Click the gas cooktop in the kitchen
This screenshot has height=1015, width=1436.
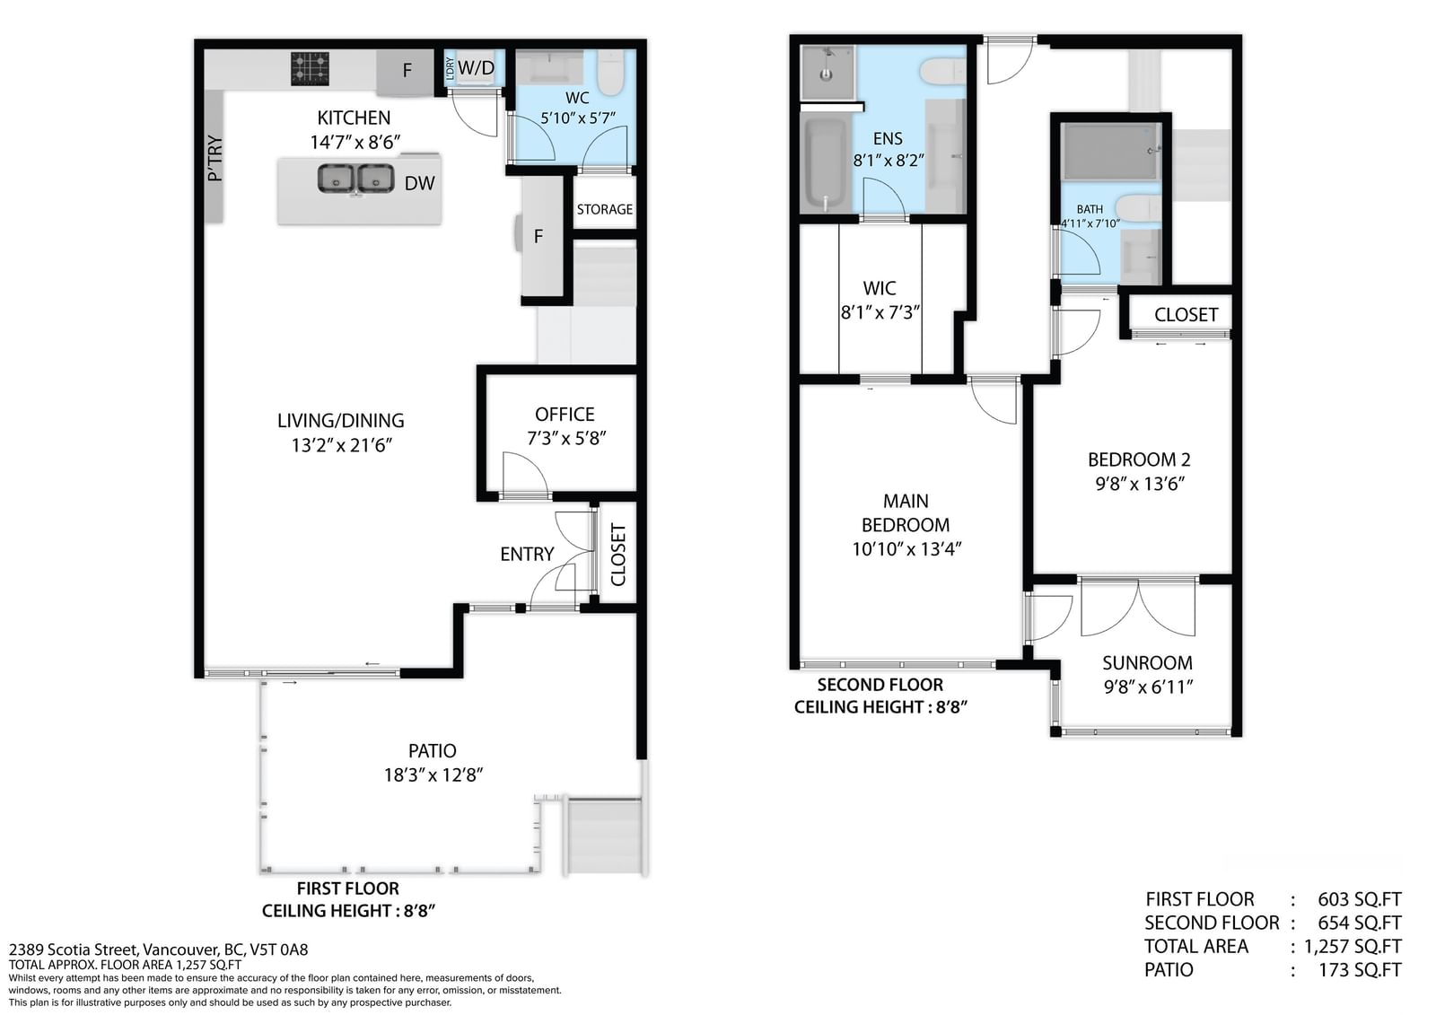tap(310, 68)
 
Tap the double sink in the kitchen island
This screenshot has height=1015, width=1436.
tap(355, 179)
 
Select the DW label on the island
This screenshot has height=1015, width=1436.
tap(419, 183)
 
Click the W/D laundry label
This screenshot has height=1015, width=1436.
tap(476, 67)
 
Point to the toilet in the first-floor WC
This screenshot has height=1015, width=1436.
tap(610, 73)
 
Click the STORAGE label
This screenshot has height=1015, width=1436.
tap(605, 209)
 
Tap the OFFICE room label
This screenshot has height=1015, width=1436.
tap(565, 415)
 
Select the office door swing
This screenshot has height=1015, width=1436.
tap(524, 475)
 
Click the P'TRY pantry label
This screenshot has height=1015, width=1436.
tap(215, 158)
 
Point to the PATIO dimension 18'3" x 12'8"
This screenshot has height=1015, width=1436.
tap(433, 775)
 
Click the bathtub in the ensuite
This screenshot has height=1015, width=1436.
tap(825, 163)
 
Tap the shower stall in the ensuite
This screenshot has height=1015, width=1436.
tap(827, 73)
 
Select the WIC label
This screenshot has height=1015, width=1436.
tap(880, 289)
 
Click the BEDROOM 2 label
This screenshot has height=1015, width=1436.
tap(1139, 459)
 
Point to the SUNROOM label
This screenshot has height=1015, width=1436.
tap(1148, 663)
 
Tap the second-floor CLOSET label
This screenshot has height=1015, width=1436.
tap(1186, 315)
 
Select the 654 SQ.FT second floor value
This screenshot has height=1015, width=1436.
tap(1359, 923)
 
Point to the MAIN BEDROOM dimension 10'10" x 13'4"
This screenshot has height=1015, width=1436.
tap(906, 549)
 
